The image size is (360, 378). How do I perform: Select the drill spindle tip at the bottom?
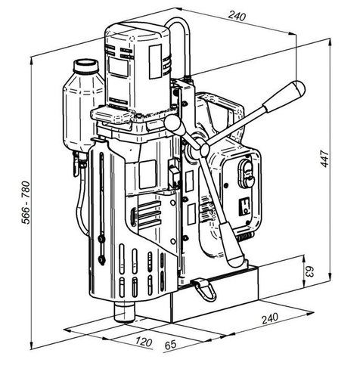point(124,310)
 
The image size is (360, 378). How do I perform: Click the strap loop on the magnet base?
point(203,288)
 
